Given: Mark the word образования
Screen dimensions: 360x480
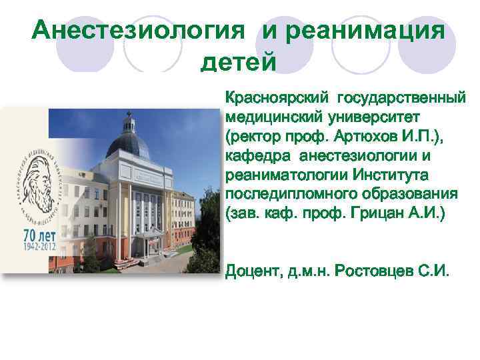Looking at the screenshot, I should pyautogui.click(x=412, y=194).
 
